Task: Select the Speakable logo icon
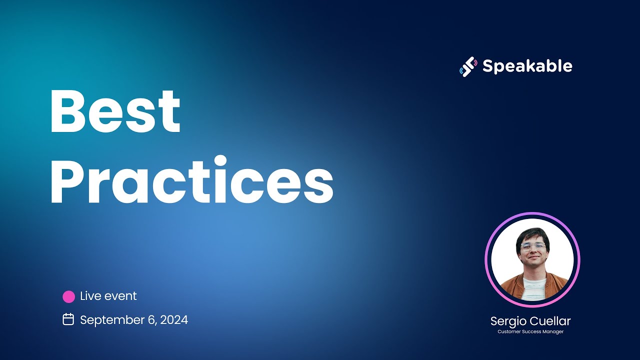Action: tap(467, 66)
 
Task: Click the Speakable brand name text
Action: tap(527, 66)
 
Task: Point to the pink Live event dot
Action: tap(68, 296)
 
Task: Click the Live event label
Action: tap(108, 296)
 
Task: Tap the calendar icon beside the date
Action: tap(68, 319)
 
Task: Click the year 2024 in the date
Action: tap(174, 320)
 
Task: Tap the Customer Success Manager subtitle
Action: tap(530, 331)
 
